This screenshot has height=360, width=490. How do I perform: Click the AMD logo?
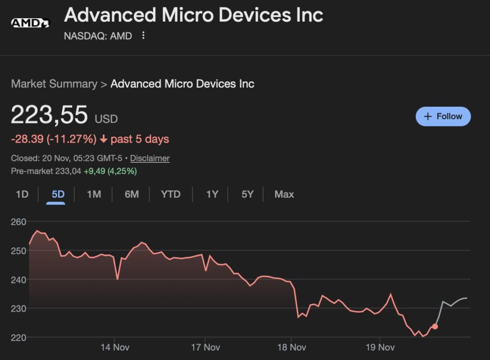(30, 22)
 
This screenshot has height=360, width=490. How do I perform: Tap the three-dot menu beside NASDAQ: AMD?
(143, 36)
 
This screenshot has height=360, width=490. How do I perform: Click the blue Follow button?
(443, 116)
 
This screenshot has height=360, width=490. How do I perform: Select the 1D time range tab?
(22, 194)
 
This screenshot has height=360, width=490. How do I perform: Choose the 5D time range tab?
(58, 194)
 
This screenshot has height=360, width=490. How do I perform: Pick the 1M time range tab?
(94, 194)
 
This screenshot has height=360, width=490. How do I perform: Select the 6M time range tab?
(132, 194)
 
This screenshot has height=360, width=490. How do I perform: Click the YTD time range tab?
(171, 194)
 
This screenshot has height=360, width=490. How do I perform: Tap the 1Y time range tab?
(212, 194)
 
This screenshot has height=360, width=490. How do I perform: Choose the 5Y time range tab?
(247, 194)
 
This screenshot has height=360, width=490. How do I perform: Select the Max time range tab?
(284, 194)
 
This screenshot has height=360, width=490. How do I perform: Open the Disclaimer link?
(150, 158)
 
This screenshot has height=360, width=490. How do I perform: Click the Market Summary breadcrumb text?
(54, 84)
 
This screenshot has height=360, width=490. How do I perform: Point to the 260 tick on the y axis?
(18, 222)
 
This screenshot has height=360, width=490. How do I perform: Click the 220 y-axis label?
(18, 337)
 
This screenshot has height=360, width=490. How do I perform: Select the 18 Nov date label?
(291, 347)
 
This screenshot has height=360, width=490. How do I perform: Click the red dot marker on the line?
(434, 326)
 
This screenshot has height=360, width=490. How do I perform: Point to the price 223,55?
(49, 115)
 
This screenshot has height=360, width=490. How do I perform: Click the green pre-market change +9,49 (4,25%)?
(110, 171)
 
